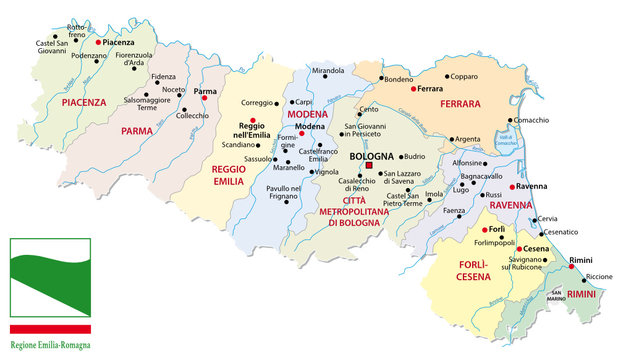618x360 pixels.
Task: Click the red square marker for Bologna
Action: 369,166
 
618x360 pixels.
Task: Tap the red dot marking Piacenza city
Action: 98,43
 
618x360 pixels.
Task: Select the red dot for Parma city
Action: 204,99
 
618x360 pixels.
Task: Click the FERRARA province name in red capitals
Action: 446,103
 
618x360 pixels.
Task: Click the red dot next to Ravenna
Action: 511,187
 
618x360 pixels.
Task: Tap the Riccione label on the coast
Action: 598,276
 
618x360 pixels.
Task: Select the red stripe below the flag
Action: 51,328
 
